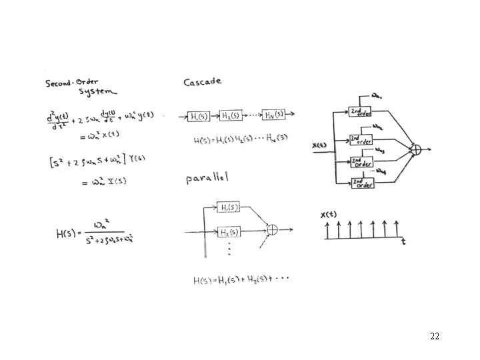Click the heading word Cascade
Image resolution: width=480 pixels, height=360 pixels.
pos(203,83)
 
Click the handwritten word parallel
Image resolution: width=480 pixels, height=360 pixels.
pos(207,179)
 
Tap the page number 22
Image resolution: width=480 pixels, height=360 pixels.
pos(435,336)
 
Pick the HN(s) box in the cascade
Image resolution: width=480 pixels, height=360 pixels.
pos(274,115)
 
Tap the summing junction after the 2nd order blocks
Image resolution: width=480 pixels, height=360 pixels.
pos(416,150)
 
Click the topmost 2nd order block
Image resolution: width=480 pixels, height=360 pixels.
pos(360,112)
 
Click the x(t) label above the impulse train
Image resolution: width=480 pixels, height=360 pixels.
pos(329,215)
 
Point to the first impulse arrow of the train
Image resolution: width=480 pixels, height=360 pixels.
pos(327,230)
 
